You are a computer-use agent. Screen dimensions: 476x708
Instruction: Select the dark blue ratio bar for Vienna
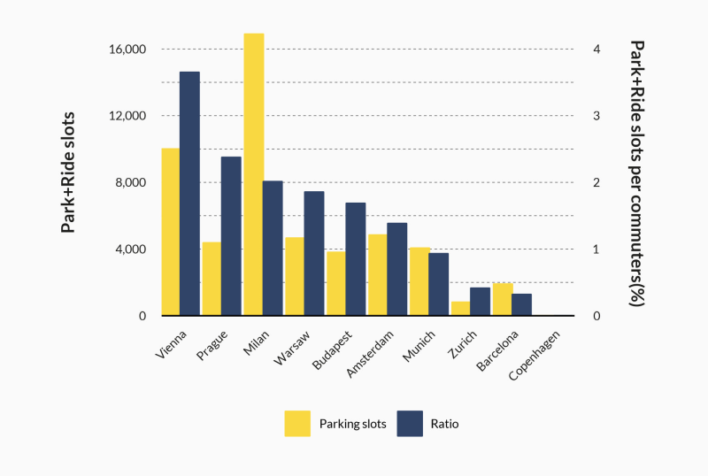(189, 194)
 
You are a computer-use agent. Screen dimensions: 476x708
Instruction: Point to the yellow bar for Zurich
(460, 309)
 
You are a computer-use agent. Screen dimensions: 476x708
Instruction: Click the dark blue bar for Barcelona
(521, 304)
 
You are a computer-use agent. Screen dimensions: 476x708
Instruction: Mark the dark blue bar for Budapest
(355, 259)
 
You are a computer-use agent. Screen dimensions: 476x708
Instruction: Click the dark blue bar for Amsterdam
(396, 269)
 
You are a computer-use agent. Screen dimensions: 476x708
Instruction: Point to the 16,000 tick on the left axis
(127, 50)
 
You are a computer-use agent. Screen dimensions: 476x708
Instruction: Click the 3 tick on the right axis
(597, 116)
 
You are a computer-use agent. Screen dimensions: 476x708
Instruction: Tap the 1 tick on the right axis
(597, 250)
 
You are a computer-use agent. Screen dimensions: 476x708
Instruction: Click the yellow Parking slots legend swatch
(297, 424)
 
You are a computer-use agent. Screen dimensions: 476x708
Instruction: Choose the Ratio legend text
(444, 424)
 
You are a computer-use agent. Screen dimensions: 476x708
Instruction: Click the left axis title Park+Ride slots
(68, 172)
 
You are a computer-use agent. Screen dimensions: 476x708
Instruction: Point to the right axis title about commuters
(635, 172)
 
